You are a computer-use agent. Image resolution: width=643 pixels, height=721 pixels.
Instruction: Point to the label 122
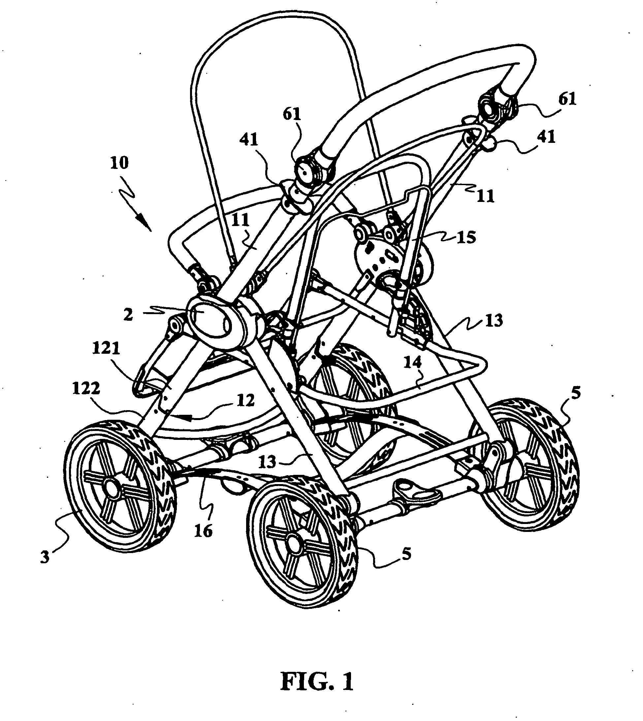86,388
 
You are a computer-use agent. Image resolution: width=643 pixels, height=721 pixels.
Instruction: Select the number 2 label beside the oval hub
128,314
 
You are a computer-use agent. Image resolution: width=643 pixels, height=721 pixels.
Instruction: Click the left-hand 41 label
249,141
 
